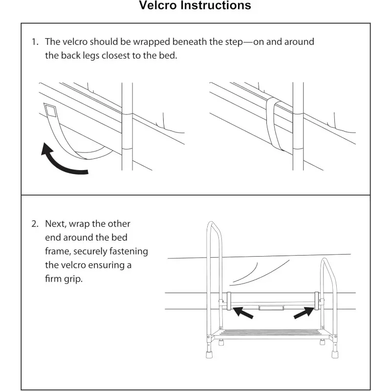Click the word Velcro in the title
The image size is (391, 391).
[159, 6]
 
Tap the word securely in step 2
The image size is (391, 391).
[93, 252]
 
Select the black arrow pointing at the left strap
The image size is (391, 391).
[243, 312]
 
